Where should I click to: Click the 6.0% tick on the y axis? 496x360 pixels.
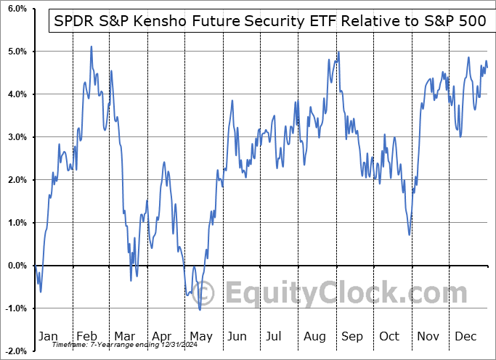coord(15,9)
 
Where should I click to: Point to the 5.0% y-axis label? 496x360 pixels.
coord(15,52)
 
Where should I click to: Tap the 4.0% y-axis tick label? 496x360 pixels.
coord(15,94)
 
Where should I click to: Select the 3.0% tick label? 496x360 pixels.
coord(15,137)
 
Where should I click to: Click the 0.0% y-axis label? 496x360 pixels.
coord(15,266)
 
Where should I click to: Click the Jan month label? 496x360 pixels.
coord(47,336)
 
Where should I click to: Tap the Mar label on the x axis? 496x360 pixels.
coord(123,336)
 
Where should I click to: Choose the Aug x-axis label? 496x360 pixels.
coord(314,336)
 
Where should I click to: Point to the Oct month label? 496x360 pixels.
coord(390,336)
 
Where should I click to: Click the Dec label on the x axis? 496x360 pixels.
coord(465,336)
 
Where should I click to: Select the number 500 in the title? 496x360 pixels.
coord(471,21)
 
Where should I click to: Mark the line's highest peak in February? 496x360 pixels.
coord(91,46)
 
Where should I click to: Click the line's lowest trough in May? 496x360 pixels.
coord(200,310)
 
